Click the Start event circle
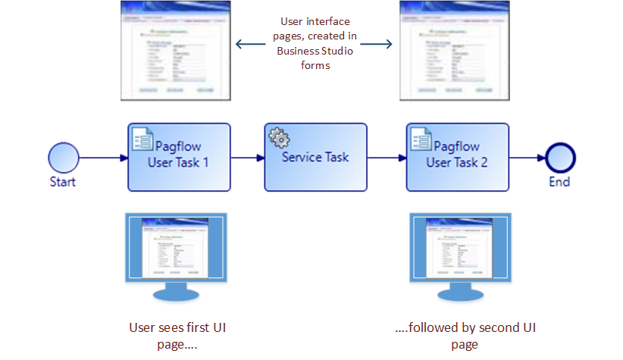coord(64,158)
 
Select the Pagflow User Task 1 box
coord(179,157)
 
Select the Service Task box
coord(315,157)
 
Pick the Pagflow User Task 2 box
coord(457,157)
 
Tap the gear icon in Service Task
coord(279,138)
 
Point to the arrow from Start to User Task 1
coord(103,158)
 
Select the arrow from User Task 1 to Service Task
coord(247,158)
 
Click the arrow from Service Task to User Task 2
coord(387,158)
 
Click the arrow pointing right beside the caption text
coord(381,44)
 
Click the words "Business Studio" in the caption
coord(314,51)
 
